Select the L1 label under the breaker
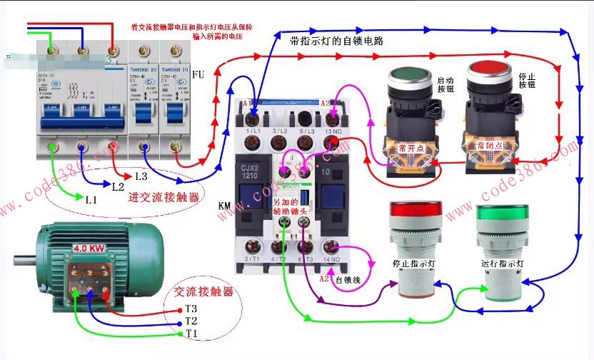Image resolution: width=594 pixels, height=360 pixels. coord(90,199)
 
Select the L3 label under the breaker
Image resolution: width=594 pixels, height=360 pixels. coord(141,176)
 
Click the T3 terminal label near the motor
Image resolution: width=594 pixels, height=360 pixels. coord(191,309)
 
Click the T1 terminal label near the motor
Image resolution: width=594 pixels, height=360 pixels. coord(191,334)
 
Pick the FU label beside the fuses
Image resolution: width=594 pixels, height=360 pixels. coord(198,74)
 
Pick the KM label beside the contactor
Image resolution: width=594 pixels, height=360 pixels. coord(224,206)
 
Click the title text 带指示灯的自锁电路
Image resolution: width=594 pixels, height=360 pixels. coord(336,41)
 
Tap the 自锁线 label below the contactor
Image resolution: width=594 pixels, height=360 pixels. coord(348,279)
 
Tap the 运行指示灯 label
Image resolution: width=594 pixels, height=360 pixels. coord(503,263)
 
